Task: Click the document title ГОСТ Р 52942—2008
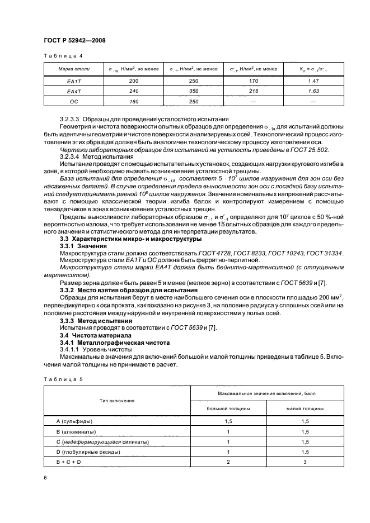coord(74,40)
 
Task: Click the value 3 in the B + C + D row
coord(305,463)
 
